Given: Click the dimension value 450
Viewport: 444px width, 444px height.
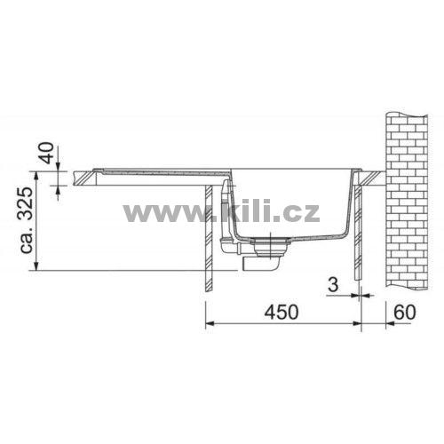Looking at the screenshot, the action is (x=281, y=312).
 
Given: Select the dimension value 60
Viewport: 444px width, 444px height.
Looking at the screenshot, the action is (x=405, y=312).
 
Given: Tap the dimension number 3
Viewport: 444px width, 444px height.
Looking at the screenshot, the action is (x=333, y=285).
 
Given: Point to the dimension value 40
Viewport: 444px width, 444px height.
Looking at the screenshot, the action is (x=47, y=153).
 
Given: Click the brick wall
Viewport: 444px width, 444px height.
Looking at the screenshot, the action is (x=407, y=201).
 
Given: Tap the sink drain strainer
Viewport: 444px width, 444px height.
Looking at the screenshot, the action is (x=270, y=246).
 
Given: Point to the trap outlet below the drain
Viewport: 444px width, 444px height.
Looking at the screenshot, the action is (x=260, y=264).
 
